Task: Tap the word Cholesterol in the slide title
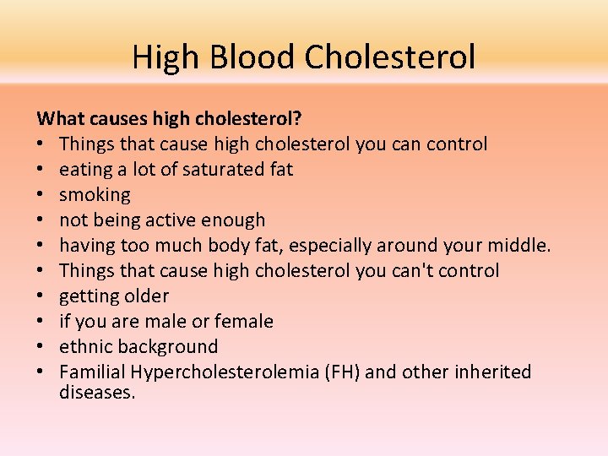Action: coord(390,57)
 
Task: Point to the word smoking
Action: coord(95,195)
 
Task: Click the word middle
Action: coord(520,246)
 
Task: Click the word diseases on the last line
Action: coord(97,392)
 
